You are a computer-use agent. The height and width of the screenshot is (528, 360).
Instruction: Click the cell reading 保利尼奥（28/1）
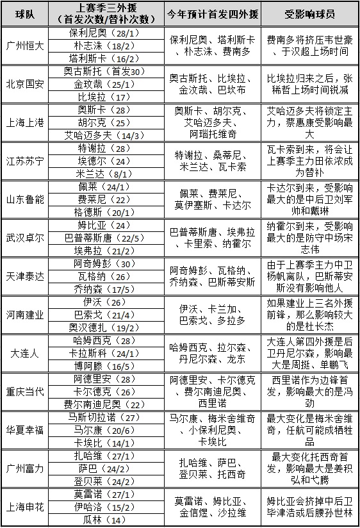(x=95, y=33)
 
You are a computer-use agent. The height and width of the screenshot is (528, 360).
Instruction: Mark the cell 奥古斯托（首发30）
(x=95, y=71)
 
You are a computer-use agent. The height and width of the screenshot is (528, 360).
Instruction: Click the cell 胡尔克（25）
(x=95, y=122)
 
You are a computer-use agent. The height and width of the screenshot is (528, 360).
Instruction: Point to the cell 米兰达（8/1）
(x=95, y=174)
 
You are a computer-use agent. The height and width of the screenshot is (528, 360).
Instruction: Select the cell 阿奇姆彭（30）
(x=95, y=263)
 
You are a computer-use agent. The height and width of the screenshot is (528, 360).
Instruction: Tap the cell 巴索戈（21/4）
(x=95, y=315)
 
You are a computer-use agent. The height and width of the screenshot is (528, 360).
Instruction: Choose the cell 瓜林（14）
(x=95, y=520)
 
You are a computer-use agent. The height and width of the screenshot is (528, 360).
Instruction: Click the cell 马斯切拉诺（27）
(x=95, y=417)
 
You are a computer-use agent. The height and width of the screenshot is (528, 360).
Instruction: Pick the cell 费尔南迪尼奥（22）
(x=95, y=404)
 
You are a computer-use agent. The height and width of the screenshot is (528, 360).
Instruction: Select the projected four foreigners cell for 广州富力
(x=213, y=468)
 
